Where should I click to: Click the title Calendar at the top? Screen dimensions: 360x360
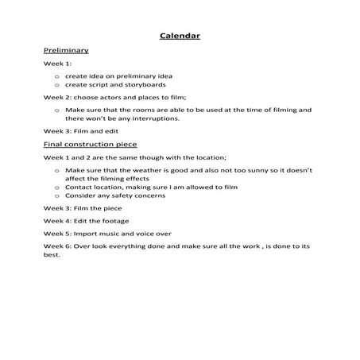coord(179,36)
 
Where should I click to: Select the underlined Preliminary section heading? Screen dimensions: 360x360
coord(66,50)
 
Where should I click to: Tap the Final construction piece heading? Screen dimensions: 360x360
coord(90,145)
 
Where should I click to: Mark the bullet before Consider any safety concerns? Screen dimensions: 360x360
coord(58,196)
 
